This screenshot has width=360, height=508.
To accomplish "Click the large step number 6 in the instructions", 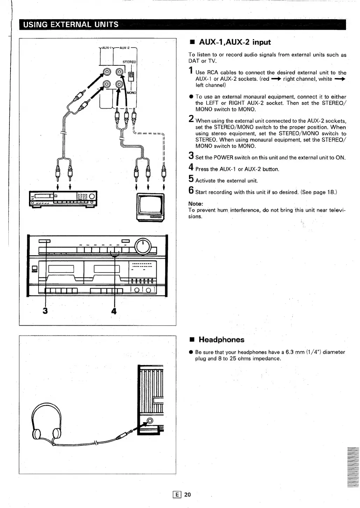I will [191, 190].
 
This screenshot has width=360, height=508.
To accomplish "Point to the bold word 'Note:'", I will [196, 204].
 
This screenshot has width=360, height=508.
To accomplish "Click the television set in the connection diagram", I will [150, 207].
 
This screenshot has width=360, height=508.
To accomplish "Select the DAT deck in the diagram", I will [63, 199].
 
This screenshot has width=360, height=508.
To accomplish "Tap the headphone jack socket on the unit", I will [150, 420].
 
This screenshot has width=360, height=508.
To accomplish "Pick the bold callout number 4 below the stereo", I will [114, 311].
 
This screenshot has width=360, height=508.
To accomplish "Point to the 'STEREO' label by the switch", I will [129, 62].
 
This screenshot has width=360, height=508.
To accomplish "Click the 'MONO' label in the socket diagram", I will [131, 93].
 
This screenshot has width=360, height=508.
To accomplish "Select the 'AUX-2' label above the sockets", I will [124, 48].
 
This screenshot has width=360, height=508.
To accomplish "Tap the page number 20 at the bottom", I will [188, 494].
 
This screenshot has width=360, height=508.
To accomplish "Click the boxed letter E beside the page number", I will [178, 494].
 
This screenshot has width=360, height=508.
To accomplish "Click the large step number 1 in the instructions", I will [191, 71].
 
